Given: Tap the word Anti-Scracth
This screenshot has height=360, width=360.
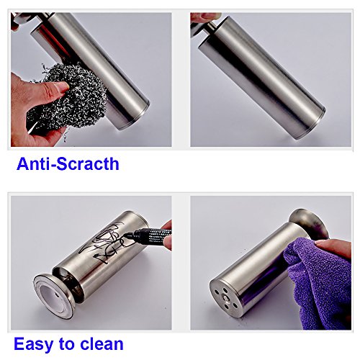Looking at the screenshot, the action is click(x=68, y=164).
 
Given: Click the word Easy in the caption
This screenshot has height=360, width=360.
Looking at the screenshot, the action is click(x=33, y=344).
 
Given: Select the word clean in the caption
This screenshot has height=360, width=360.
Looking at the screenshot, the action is click(x=102, y=343).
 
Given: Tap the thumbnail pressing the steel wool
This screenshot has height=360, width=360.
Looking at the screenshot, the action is click(x=63, y=87).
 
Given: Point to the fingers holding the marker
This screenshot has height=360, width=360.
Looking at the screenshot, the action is click(x=166, y=236).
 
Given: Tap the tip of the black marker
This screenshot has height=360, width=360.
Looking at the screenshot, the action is click(x=125, y=236).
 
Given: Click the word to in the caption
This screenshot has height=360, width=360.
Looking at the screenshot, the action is click(x=66, y=344).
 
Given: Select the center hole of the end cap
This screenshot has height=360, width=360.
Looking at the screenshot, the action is click(x=225, y=297).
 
